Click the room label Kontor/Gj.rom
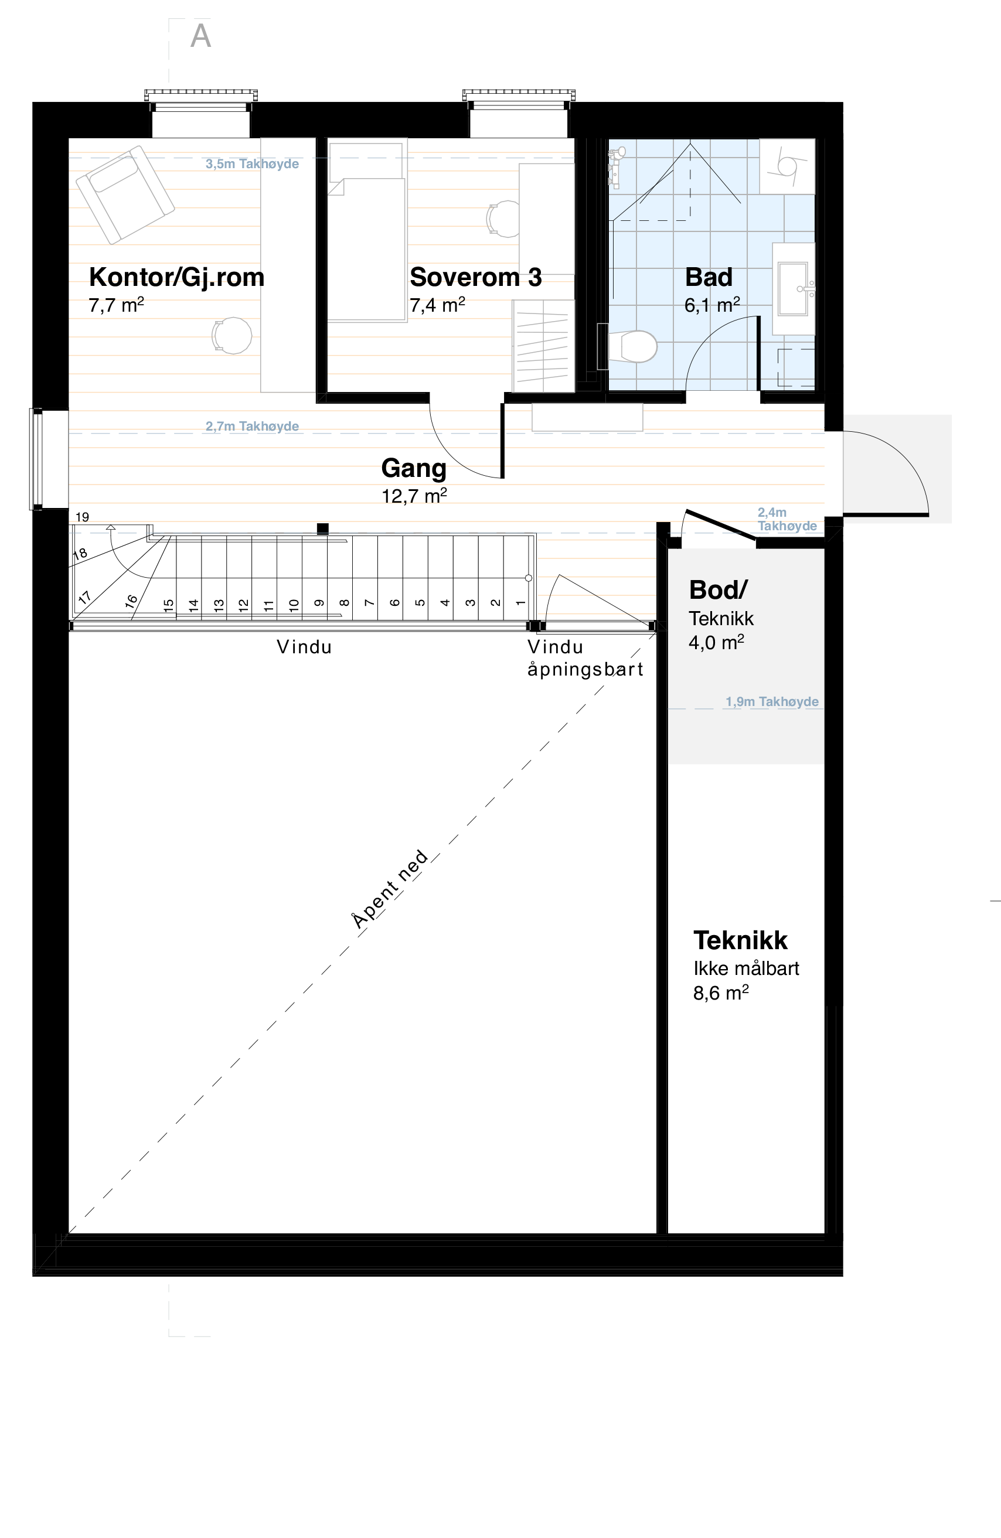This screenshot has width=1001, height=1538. pos(176,277)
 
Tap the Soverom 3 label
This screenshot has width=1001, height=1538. pos(476,277)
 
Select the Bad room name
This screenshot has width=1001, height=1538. pos(709,277)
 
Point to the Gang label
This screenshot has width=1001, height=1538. pos(414,468)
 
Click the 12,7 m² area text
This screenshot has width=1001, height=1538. pos(414,496)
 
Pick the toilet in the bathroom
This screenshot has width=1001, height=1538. pos(634,347)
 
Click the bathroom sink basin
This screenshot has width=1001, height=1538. pos(793,288)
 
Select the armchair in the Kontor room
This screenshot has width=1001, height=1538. pos(125,194)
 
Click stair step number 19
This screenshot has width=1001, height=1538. pos(82,517)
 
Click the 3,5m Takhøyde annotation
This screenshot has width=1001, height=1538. pos(252,164)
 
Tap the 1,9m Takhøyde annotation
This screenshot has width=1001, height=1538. pos(772,702)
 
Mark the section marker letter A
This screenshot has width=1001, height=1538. pos(200,36)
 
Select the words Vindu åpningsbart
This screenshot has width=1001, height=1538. pos(585,658)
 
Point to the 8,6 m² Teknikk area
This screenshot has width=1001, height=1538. pos(720,993)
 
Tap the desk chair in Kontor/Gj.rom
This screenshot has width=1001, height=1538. pos(232,335)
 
